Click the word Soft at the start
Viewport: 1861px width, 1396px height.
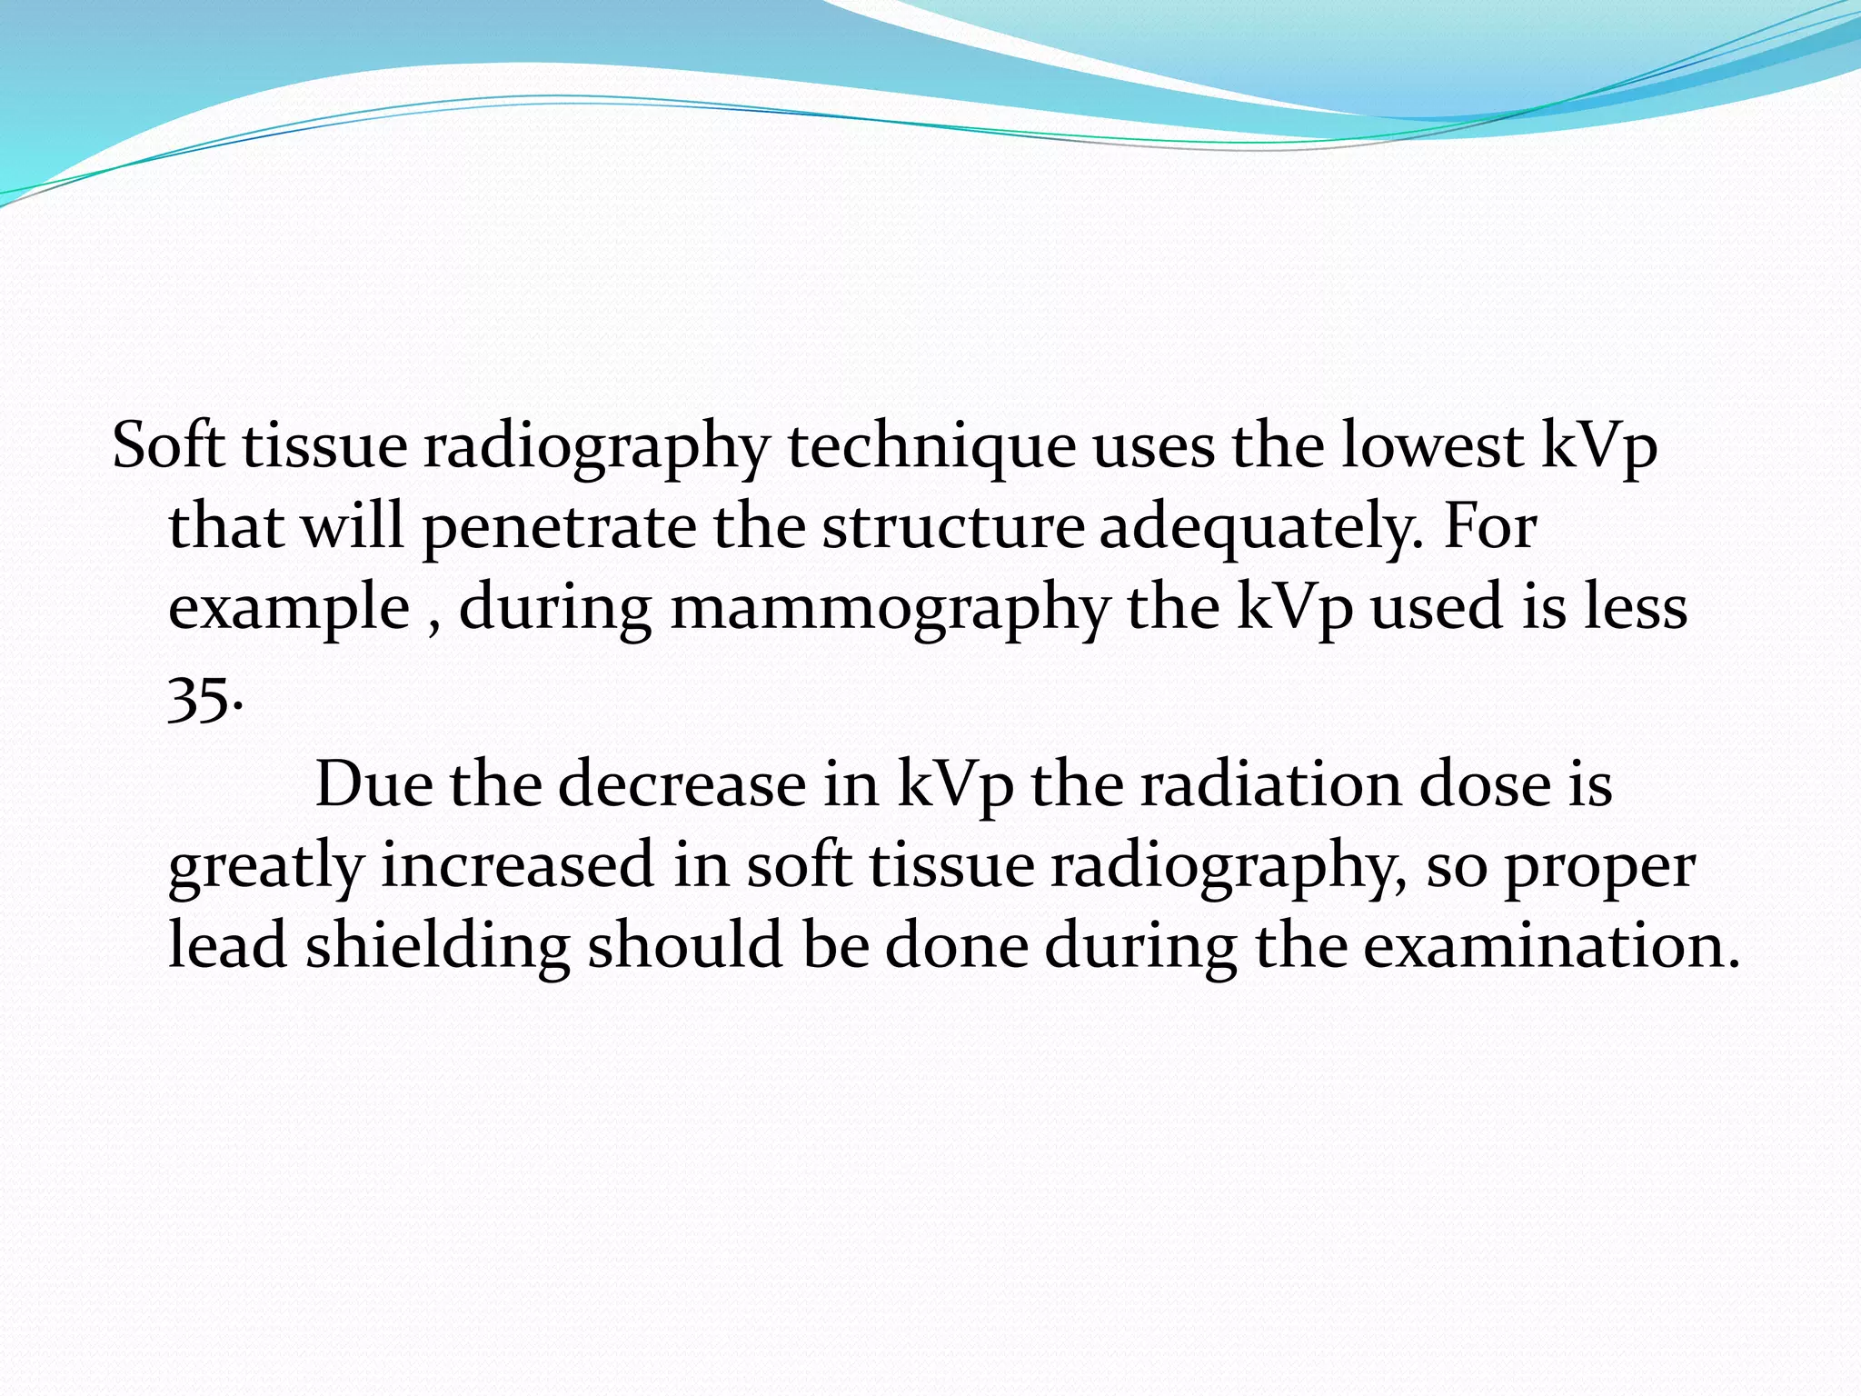point(168,447)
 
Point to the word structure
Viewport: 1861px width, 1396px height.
point(952,527)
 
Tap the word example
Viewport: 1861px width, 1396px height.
point(289,609)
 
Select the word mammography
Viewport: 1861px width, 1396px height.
point(890,609)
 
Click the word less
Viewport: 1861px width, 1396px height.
point(1636,607)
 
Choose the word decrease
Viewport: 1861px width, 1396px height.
point(682,784)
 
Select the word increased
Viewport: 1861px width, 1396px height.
point(517,865)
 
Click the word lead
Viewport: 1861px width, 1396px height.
point(227,945)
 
